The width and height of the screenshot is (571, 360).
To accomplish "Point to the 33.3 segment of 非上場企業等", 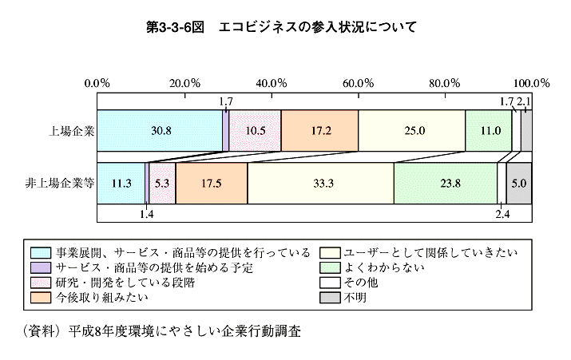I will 320,183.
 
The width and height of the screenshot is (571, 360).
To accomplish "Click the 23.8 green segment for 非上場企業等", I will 445,183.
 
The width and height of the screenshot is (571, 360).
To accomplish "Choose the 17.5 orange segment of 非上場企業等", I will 211,183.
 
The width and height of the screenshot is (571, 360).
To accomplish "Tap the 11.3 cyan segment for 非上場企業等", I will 121,183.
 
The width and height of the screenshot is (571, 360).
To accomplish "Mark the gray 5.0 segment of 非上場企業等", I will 519,183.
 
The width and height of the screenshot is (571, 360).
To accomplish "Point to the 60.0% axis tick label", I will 359,82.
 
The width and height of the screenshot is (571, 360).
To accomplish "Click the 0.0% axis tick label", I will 97,82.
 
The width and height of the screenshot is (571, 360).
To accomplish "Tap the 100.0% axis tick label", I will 531,82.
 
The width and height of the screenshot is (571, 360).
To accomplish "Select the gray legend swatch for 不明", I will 331,299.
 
